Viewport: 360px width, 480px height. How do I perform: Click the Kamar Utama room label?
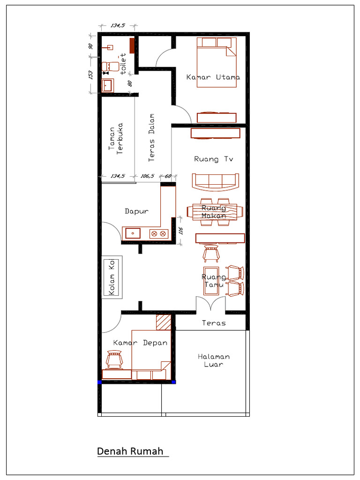coord(213,77)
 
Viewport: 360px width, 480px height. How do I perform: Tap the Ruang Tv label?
coord(214,159)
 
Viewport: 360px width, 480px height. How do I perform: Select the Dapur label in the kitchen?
coord(136,211)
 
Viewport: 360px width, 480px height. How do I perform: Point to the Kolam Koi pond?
coord(112,277)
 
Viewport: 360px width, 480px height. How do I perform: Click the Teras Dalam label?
coord(151,137)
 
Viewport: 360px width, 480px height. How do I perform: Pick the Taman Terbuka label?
coord(116,139)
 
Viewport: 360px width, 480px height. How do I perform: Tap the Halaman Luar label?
coord(214,360)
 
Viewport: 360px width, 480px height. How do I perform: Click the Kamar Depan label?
coord(140,343)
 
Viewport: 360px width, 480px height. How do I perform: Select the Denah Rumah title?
coord(130,451)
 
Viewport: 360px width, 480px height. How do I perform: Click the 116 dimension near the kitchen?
coord(180,231)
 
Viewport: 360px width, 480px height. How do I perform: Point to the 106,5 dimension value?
coord(147,176)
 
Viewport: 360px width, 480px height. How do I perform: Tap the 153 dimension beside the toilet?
coord(90,75)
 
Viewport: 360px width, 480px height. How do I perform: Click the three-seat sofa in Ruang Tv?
coord(216,182)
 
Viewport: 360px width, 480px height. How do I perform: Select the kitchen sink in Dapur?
coord(133,233)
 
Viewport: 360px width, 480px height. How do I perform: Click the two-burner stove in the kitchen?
coord(159,234)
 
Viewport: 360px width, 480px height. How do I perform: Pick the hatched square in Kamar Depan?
coord(164,322)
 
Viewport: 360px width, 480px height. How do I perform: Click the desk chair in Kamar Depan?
coord(114,359)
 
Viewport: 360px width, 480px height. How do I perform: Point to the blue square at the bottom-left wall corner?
coord(99,382)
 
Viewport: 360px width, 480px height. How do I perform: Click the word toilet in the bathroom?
coord(123,64)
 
